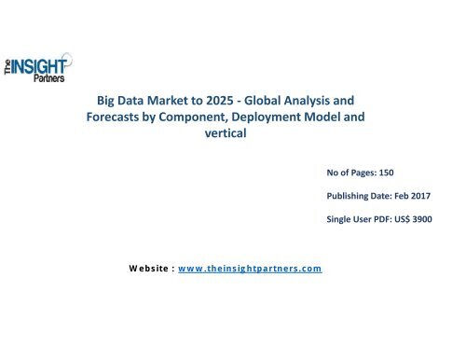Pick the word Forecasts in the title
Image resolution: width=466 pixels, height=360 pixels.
133,118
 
